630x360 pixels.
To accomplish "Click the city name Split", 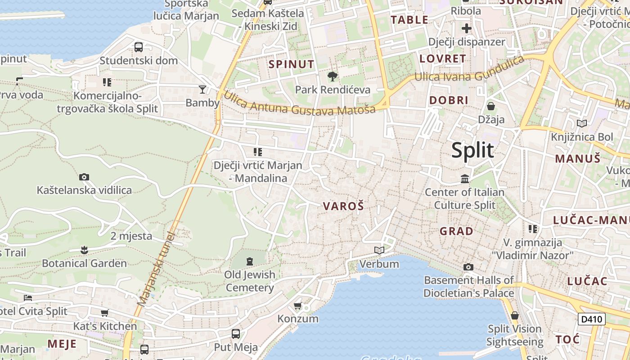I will [472, 150].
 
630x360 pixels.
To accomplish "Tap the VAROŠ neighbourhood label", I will [343, 206].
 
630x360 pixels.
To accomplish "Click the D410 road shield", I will [591, 319].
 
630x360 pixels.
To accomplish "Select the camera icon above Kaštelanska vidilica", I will [84, 177].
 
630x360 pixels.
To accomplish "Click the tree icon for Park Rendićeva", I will [333, 76].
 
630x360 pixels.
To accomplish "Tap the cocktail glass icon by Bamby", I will [202, 89].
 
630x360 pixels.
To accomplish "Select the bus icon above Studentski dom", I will [139, 47].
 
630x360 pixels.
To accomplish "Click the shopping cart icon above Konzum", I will [297, 306].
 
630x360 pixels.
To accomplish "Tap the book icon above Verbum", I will [379, 250].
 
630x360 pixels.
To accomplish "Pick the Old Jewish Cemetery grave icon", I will [250, 261].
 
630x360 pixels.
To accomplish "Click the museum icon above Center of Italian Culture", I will [465, 179].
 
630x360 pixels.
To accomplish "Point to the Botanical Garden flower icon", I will [84, 250].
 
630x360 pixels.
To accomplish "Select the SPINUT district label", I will [291, 64].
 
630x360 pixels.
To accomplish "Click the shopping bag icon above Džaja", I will [491, 106].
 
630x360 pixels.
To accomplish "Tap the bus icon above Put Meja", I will [235, 334].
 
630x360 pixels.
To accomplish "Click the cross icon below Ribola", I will [466, 28].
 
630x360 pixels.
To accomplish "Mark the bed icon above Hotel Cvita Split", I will [28, 298].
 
